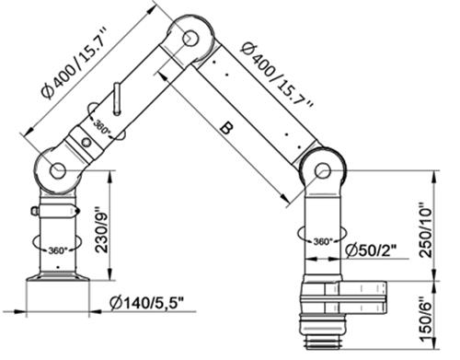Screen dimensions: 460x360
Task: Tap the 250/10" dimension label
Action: pyautogui.click(x=427, y=229)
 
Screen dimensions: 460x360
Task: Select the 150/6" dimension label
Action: pyautogui.click(x=427, y=319)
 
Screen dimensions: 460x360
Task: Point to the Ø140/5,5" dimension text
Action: pyautogui.click(x=147, y=304)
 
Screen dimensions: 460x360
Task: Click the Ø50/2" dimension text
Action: pyautogui.click(x=371, y=250)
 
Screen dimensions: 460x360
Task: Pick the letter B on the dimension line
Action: pyautogui.click(x=226, y=128)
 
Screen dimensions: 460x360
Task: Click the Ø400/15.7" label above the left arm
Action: pyautogui.click(x=75, y=63)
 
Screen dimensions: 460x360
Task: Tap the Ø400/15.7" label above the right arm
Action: pyautogui.click(x=277, y=74)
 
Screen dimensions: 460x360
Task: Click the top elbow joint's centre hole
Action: pyautogui.click(x=190, y=38)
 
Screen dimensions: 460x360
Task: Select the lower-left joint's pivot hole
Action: pyautogui.click(x=58, y=170)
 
